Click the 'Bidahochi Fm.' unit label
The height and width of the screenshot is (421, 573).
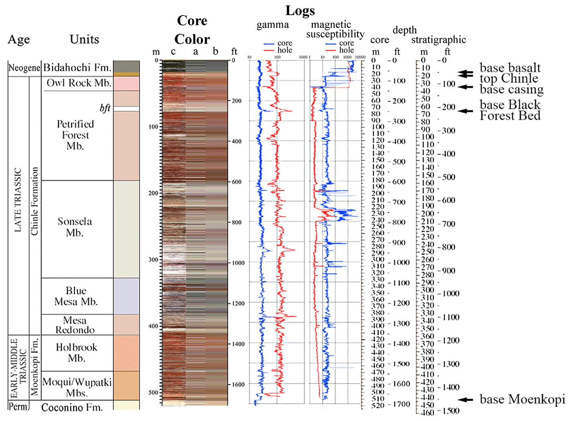(77, 67)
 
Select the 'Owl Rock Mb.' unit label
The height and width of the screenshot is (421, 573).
(79, 83)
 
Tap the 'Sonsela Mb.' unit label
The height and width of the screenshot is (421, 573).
(75, 227)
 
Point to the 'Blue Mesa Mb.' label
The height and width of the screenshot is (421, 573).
(76, 296)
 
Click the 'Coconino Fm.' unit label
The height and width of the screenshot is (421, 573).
(72, 407)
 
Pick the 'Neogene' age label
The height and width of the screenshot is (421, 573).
(24, 68)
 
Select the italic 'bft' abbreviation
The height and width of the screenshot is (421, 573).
(105, 108)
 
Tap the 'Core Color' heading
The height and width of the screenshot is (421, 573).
(192, 30)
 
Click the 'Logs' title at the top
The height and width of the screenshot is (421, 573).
(300, 11)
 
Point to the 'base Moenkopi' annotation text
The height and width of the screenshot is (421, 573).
(522, 399)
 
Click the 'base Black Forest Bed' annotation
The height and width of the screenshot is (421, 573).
(510, 110)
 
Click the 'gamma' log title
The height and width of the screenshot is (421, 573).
(273, 25)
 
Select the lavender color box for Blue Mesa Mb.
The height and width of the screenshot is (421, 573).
(127, 296)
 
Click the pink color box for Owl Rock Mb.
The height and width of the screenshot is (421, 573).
(127, 84)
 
